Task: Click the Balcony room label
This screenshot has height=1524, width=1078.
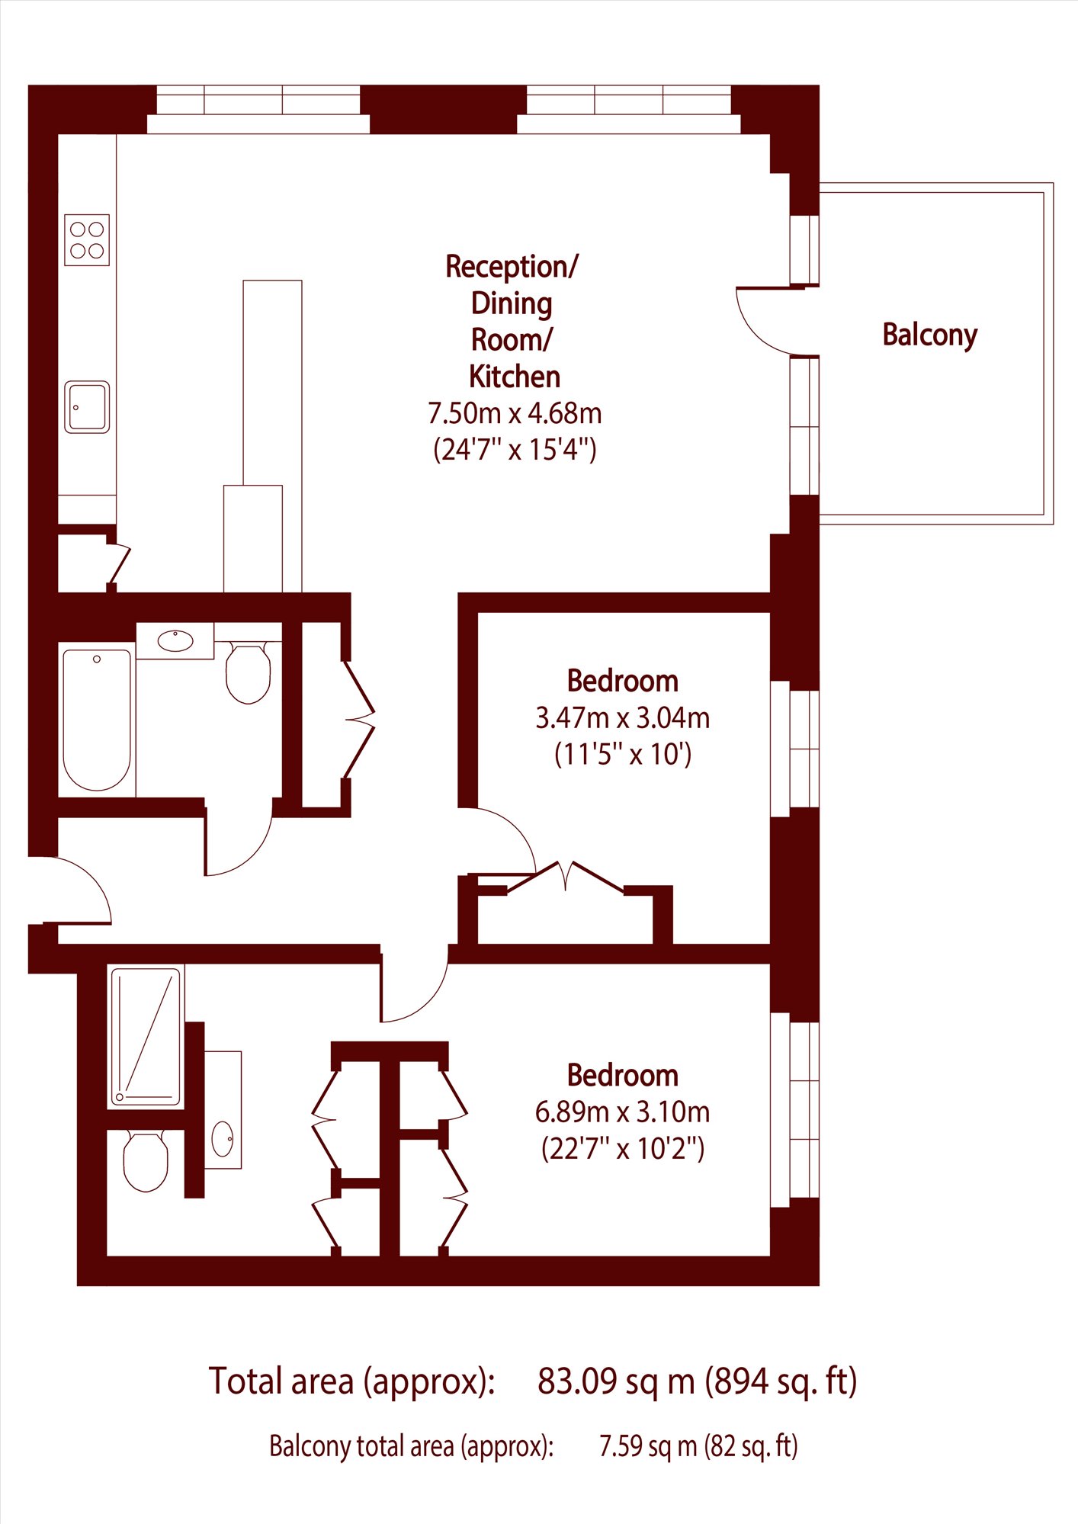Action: pyautogui.click(x=929, y=335)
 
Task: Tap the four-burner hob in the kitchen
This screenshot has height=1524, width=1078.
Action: pyautogui.click(x=87, y=239)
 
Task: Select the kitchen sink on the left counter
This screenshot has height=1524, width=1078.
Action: pyautogui.click(x=87, y=407)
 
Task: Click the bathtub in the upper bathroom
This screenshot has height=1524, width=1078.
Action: pyautogui.click(x=97, y=720)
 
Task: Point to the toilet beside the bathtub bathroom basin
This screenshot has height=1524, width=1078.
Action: pyautogui.click(x=249, y=672)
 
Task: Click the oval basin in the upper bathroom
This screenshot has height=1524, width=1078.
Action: pyautogui.click(x=175, y=640)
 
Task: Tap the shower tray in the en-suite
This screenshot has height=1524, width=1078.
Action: pyautogui.click(x=146, y=1036)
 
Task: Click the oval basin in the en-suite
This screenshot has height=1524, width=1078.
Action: pyautogui.click(x=223, y=1139)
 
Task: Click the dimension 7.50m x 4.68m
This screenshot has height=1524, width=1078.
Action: pyautogui.click(x=515, y=413)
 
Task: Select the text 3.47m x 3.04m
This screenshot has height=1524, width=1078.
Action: pyautogui.click(x=623, y=718)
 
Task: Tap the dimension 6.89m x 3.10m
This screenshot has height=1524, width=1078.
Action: pyautogui.click(x=623, y=1112)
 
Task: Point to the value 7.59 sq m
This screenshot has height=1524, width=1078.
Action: pyautogui.click(x=648, y=1446)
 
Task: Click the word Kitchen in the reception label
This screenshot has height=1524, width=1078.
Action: pyautogui.click(x=515, y=377)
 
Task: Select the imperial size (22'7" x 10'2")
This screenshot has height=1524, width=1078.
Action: pyautogui.click(x=623, y=1148)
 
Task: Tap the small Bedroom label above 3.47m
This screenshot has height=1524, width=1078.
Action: pyautogui.click(x=623, y=681)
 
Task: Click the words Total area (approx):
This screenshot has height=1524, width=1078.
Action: pyautogui.click(x=352, y=1381)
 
